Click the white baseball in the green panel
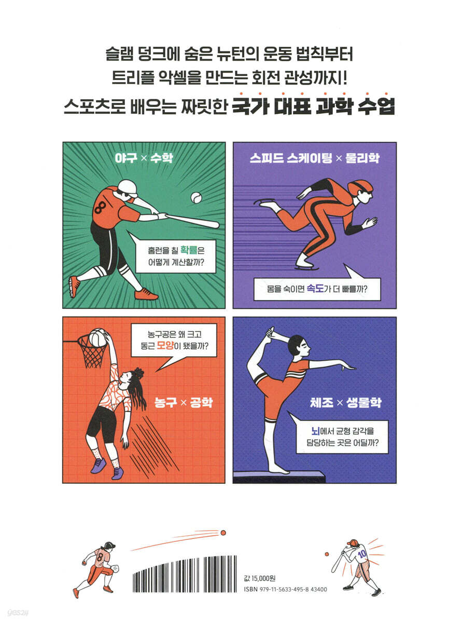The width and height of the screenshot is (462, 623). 196,198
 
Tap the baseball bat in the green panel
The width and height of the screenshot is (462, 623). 192,221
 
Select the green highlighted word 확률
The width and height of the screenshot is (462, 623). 189,249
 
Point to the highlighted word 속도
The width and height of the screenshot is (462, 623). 315,288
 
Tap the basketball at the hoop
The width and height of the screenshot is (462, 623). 97,337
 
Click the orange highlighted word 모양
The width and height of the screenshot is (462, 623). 165,345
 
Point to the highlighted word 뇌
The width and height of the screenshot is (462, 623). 316,430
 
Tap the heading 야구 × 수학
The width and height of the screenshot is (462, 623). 144,158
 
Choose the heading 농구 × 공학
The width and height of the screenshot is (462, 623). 184,403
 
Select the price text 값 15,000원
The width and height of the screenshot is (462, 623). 260,578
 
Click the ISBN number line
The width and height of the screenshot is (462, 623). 286,589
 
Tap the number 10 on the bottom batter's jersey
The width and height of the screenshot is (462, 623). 362,553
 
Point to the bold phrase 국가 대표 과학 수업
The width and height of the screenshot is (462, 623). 314,106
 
